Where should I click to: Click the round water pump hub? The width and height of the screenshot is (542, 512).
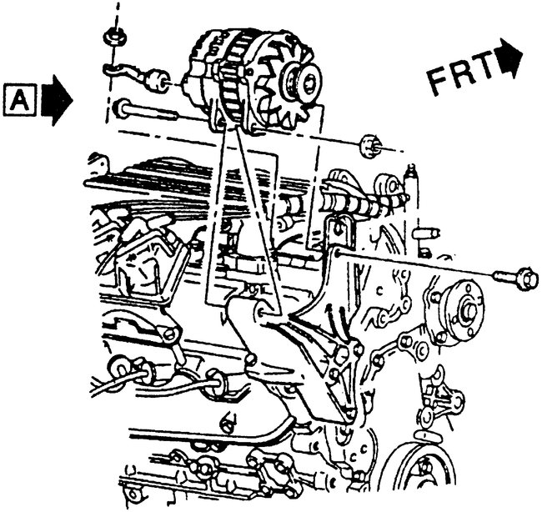click(x=461, y=309)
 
